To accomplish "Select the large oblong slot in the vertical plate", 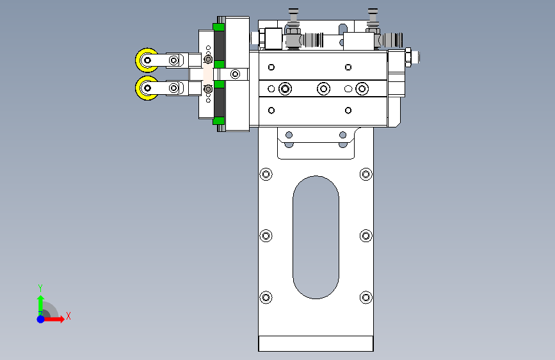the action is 316,237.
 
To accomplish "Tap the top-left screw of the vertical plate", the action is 266,174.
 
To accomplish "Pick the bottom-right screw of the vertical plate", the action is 366,297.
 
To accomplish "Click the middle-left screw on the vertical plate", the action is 266,236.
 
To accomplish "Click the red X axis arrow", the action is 53,319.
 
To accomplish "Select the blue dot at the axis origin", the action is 40,319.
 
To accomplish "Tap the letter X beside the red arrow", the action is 68,316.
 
